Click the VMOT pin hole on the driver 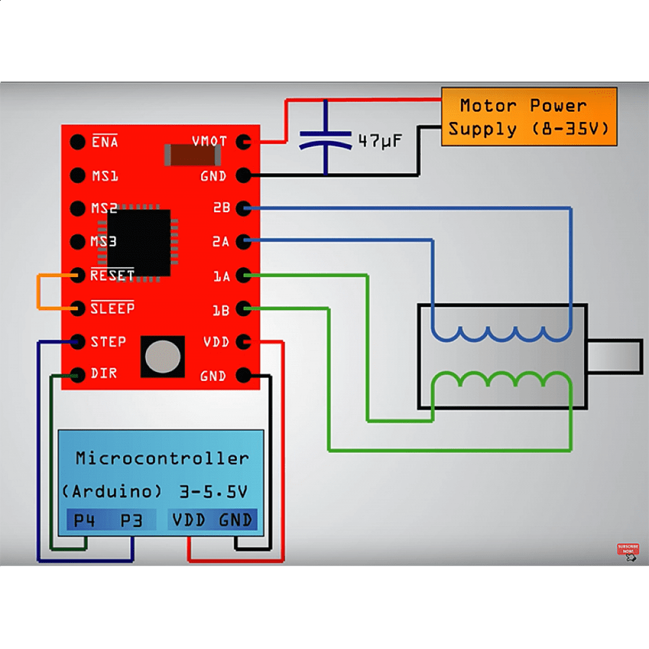click(x=243, y=142)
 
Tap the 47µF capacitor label click(x=379, y=142)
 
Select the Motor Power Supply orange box click(x=529, y=117)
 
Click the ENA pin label click(x=105, y=142)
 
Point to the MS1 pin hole click(x=78, y=175)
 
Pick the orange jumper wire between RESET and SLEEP click(x=39, y=292)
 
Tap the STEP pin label click(x=108, y=342)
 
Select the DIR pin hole click(x=78, y=375)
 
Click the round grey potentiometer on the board click(x=162, y=356)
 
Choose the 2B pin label click(x=221, y=208)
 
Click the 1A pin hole click(x=243, y=276)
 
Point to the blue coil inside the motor click(x=501, y=334)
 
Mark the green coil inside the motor click(x=501, y=380)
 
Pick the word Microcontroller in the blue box click(x=162, y=459)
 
